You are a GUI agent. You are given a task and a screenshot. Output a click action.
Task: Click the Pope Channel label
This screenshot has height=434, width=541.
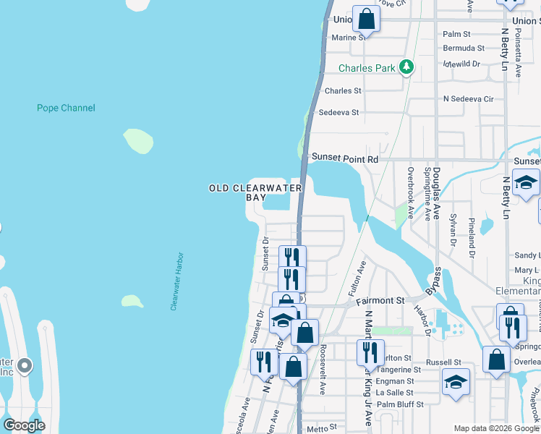click(66, 108)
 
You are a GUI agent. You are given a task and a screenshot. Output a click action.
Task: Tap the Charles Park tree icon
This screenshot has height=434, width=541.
click(407, 67)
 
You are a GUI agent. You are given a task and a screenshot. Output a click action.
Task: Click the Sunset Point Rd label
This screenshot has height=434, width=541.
click(345, 158)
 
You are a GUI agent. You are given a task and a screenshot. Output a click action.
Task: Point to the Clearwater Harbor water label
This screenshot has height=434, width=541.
click(178, 281)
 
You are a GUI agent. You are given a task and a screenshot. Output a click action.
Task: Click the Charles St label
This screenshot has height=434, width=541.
click(343, 91)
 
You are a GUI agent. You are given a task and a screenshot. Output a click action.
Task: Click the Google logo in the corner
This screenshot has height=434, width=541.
click(24, 425)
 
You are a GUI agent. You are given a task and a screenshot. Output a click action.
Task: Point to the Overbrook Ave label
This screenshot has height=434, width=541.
click(410, 193)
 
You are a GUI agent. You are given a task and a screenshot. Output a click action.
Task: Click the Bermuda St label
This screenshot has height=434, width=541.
click(464, 48)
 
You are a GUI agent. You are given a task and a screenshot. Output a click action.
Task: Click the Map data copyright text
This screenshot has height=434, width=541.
click(496, 428)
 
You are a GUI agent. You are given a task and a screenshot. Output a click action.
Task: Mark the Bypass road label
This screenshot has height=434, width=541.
click(436, 281)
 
